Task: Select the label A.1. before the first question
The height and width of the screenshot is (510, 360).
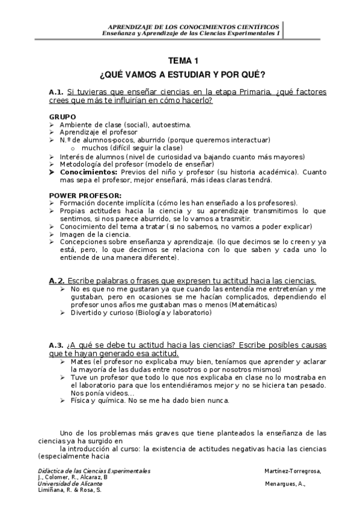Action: coord(56,92)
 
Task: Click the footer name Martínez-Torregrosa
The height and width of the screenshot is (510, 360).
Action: coord(293,470)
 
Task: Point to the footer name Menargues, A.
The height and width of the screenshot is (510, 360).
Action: coord(285,484)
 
